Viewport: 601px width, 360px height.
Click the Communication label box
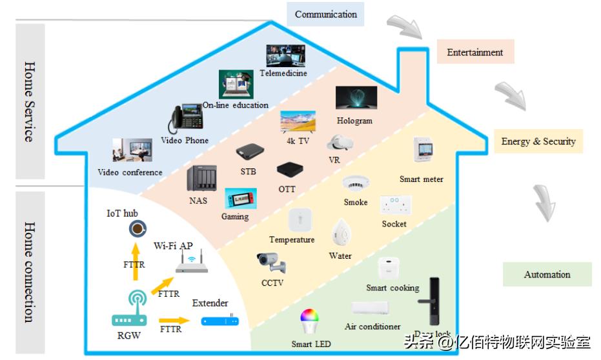[x=325, y=15]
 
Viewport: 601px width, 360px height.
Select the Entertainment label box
[x=475, y=52]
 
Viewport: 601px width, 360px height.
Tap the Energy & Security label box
[x=538, y=141]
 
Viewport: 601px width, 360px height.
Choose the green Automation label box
[x=547, y=274]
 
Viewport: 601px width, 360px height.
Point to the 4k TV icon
[x=298, y=122]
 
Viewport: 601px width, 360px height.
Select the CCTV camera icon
[x=270, y=262]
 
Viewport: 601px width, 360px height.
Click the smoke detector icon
[x=354, y=184]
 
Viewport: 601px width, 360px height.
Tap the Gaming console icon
[x=240, y=199]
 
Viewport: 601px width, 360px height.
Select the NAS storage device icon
[x=199, y=179]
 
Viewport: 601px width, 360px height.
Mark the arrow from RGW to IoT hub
[x=136, y=262]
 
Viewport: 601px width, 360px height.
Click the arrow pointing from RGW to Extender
[x=174, y=319]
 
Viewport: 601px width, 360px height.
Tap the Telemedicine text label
[x=283, y=74]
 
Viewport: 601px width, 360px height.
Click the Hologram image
[x=356, y=98]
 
